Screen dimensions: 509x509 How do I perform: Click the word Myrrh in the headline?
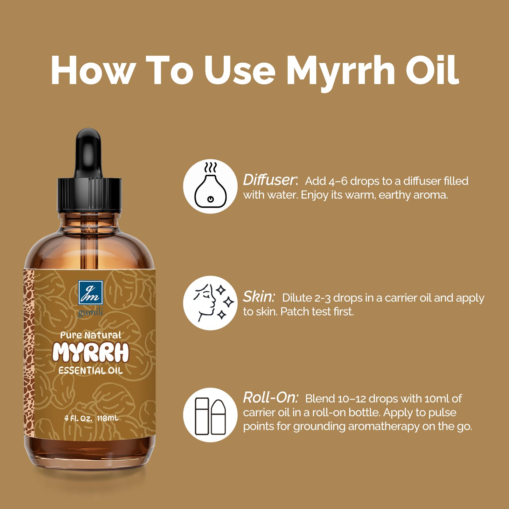coord(340,72)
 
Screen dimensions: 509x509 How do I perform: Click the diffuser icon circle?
coord(210,186)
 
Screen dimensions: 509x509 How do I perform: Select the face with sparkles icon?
coord(210,303)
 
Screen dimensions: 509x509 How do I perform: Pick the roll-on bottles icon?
coord(210,415)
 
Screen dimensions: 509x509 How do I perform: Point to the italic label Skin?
coord(259,297)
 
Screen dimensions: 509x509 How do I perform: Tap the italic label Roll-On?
coord(271,398)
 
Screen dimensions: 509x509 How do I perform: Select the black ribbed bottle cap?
coord(89,195)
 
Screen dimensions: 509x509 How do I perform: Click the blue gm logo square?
coord(91,292)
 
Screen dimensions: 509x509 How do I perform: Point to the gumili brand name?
coord(91,312)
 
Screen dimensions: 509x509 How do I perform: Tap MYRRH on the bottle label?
coord(91,352)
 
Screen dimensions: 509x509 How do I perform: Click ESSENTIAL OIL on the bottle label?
coord(91,371)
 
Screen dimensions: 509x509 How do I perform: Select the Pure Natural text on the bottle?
coord(91,335)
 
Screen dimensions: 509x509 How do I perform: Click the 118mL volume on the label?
coord(107,418)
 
